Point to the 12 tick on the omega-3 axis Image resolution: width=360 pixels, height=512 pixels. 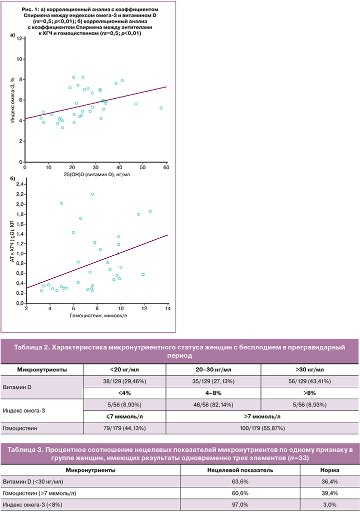(20, 38)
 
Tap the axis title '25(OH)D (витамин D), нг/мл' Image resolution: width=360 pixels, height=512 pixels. (95, 173)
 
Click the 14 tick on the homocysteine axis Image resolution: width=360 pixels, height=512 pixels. (167, 308)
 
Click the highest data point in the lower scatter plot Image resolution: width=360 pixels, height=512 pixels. (92, 194)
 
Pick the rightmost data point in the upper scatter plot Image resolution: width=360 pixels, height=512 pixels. (161, 108)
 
